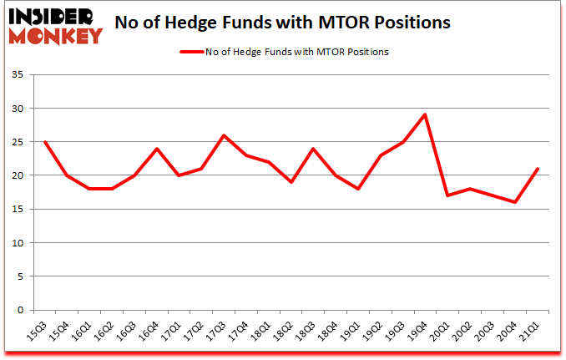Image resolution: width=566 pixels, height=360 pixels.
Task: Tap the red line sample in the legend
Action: pos(195,52)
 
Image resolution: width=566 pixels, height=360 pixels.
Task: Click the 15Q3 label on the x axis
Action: pos(38,332)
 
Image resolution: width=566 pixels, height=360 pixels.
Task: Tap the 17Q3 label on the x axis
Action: pos(218,332)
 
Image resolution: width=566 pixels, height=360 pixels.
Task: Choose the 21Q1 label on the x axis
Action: pos(532,332)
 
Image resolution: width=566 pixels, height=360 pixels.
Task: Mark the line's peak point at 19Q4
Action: pos(426,114)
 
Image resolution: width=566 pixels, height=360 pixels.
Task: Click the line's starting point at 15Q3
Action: pos(44,142)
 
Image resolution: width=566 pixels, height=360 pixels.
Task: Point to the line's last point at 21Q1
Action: pos(538,169)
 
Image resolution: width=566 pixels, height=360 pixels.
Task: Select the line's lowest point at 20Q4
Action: pos(515,202)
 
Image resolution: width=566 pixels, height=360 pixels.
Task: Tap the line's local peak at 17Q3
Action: pos(224,135)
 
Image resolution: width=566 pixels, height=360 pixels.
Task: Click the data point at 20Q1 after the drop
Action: pos(448,195)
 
